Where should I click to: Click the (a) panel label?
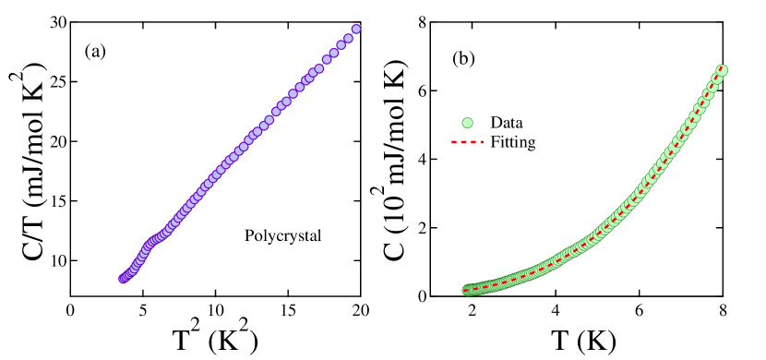95,52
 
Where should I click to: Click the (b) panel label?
463,59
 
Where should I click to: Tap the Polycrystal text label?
283,235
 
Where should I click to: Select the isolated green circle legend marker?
467,123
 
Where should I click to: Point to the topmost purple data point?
356,29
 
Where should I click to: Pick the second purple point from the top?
349,38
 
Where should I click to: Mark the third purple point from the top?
341,44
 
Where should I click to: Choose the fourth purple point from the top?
334,53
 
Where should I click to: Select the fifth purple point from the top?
327,60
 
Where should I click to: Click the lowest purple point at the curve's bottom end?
123,279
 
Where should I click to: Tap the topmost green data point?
723,70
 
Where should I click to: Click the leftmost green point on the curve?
467,290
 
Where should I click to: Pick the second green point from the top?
718,78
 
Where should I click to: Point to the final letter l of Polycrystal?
319,235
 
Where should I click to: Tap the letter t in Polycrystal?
303,236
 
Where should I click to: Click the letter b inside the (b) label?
463,59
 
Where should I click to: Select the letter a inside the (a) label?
95,53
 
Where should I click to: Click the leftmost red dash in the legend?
454,142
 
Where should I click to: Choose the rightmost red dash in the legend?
480,142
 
